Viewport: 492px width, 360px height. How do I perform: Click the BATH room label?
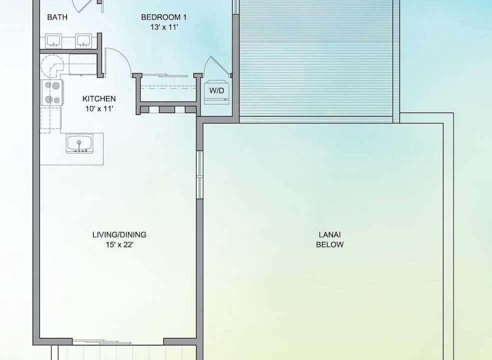pos(57,17)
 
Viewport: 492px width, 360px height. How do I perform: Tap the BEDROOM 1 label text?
pos(164,17)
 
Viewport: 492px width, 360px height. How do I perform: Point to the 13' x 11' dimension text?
pos(164,27)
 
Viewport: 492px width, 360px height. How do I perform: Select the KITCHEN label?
pos(99,99)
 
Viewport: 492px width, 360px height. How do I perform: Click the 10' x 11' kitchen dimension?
pos(99,109)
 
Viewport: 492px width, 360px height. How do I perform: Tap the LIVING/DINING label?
pos(119,235)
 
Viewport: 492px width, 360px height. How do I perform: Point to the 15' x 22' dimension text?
pos(119,245)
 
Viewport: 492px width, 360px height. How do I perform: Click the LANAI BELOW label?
pos(330,240)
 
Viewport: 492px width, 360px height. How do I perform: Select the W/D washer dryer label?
pos(217,90)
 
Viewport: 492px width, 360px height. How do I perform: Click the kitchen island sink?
pos(79,144)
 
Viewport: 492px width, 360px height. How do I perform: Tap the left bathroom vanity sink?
pos(53,41)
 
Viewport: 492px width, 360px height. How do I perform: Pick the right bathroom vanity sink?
pos(83,41)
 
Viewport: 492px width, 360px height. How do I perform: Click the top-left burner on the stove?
pos(48,84)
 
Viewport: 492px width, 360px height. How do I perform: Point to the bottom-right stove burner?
pos(57,100)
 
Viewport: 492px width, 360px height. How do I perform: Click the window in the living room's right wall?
pos(199,174)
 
